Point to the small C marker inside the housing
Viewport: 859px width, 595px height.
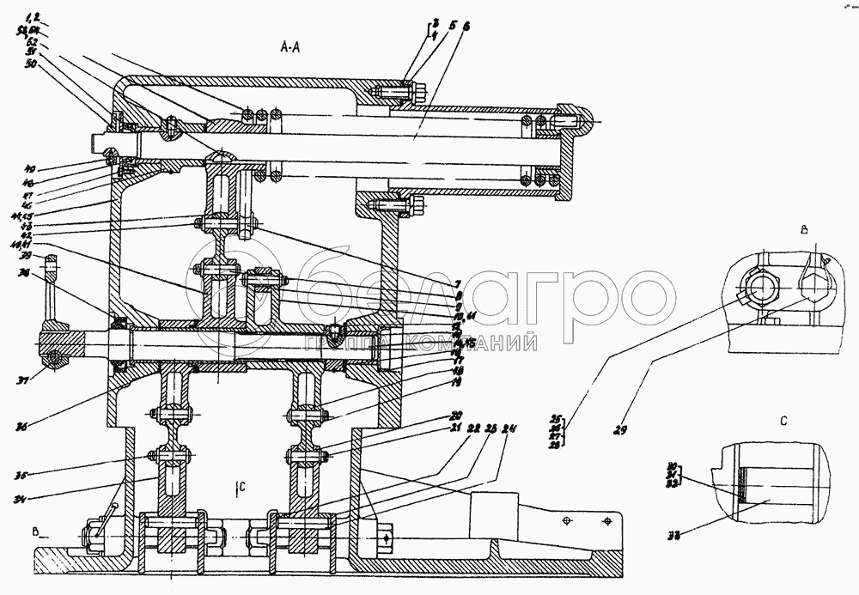click(x=241, y=487)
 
